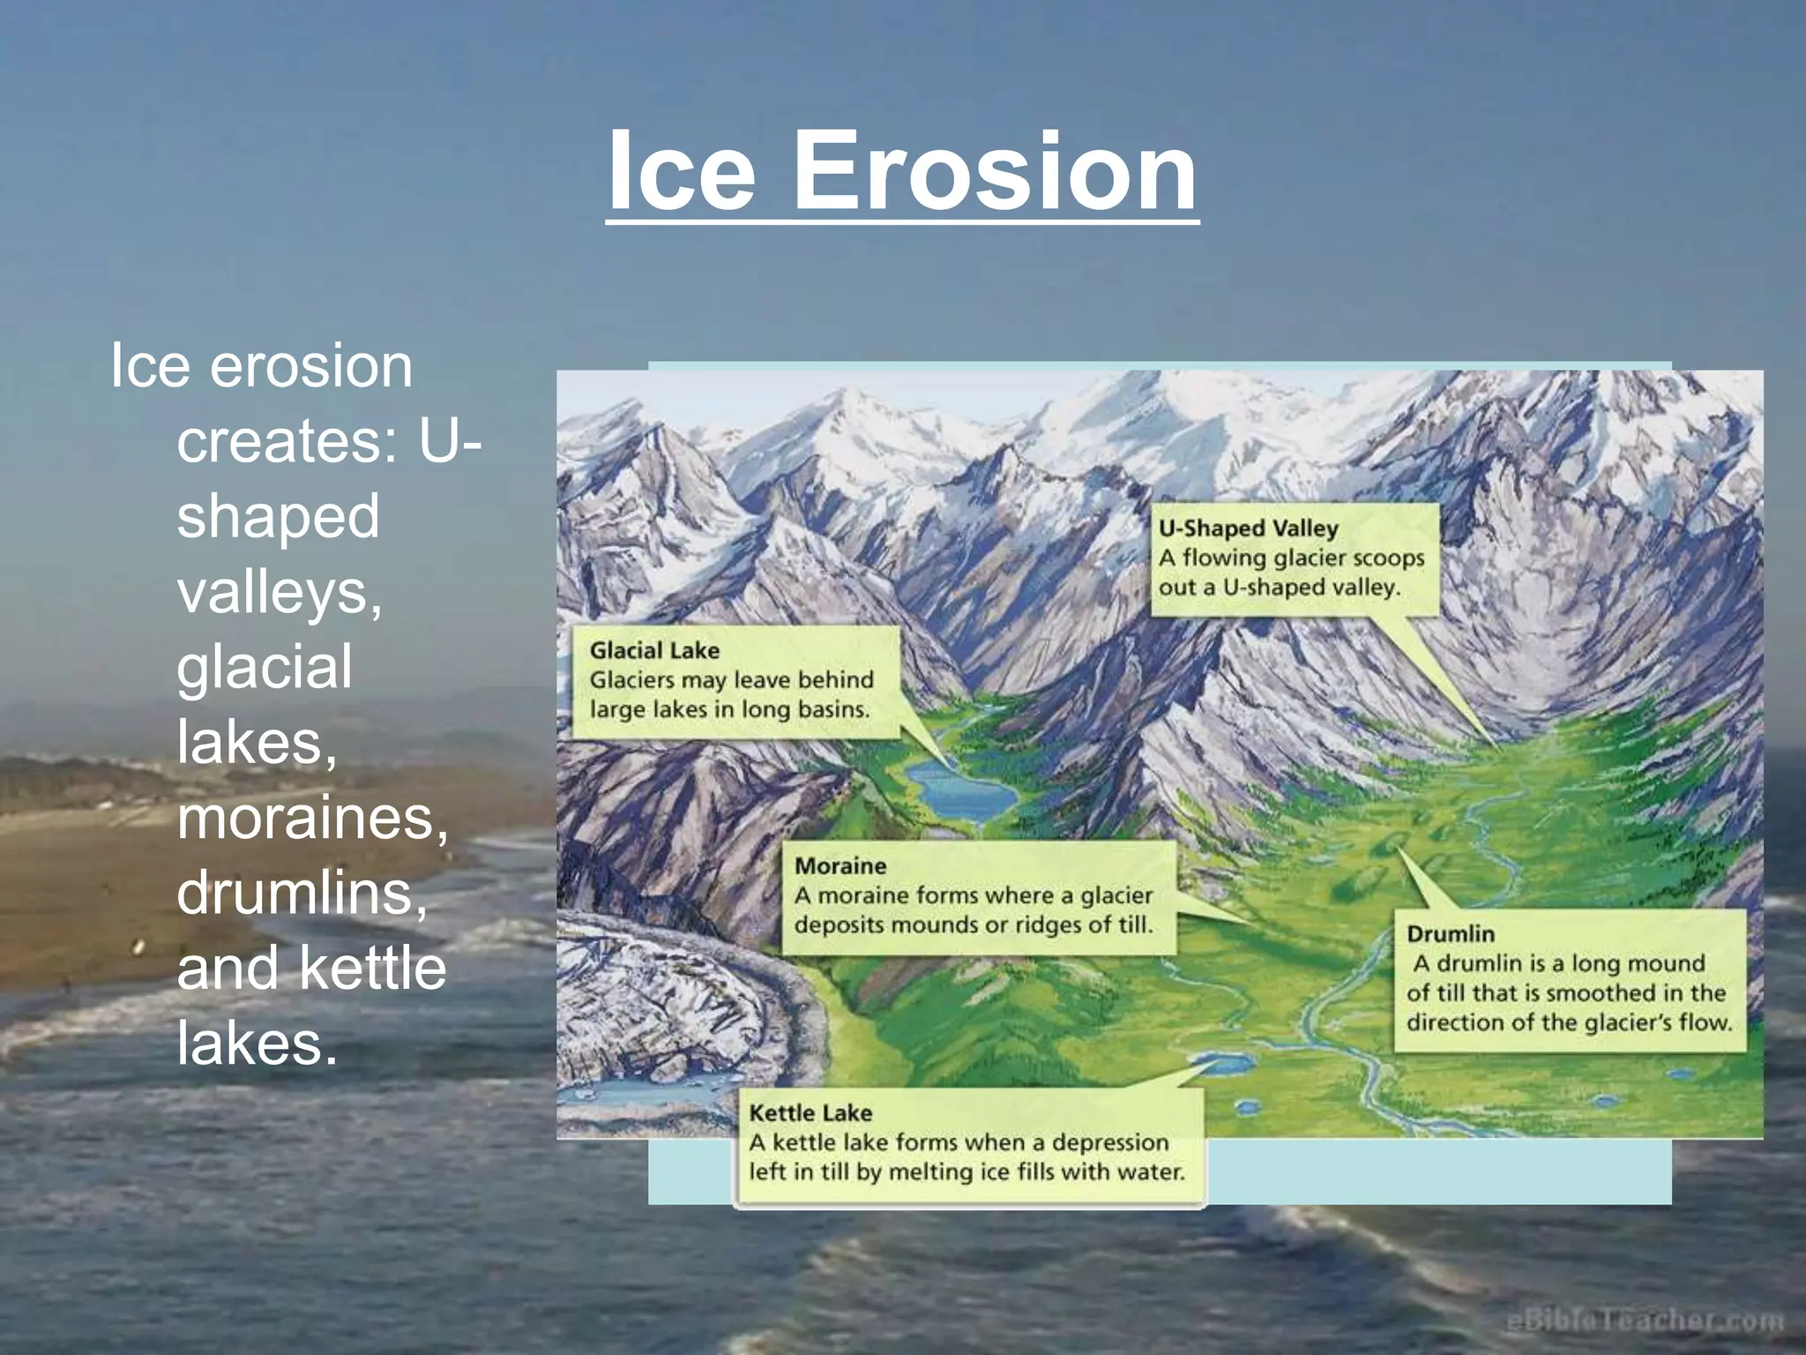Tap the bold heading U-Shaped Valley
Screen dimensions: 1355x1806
tap(1248, 528)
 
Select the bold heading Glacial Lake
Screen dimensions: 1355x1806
tap(654, 651)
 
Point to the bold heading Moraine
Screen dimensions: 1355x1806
tap(840, 866)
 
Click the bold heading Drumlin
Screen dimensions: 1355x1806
tap(1450, 934)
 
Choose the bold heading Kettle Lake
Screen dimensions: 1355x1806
tap(810, 1113)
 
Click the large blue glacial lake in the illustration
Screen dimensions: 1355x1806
tap(961, 794)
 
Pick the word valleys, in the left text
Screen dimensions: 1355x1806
tap(280, 591)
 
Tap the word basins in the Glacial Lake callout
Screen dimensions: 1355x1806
tap(833, 709)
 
